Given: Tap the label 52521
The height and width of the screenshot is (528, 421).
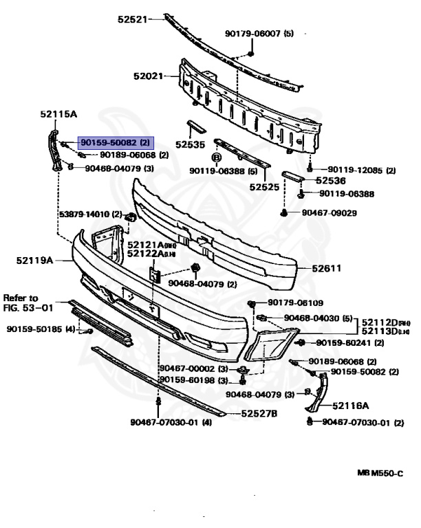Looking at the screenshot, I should (133, 19).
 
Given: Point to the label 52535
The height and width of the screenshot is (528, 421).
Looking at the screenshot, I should (190, 145).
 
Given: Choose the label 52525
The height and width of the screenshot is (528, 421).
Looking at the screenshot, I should (263, 186).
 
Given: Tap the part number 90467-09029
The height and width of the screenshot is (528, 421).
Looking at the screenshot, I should (329, 213).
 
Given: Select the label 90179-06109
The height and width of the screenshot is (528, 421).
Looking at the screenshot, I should (295, 302).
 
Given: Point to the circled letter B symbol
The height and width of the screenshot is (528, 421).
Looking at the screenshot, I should (215, 158).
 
